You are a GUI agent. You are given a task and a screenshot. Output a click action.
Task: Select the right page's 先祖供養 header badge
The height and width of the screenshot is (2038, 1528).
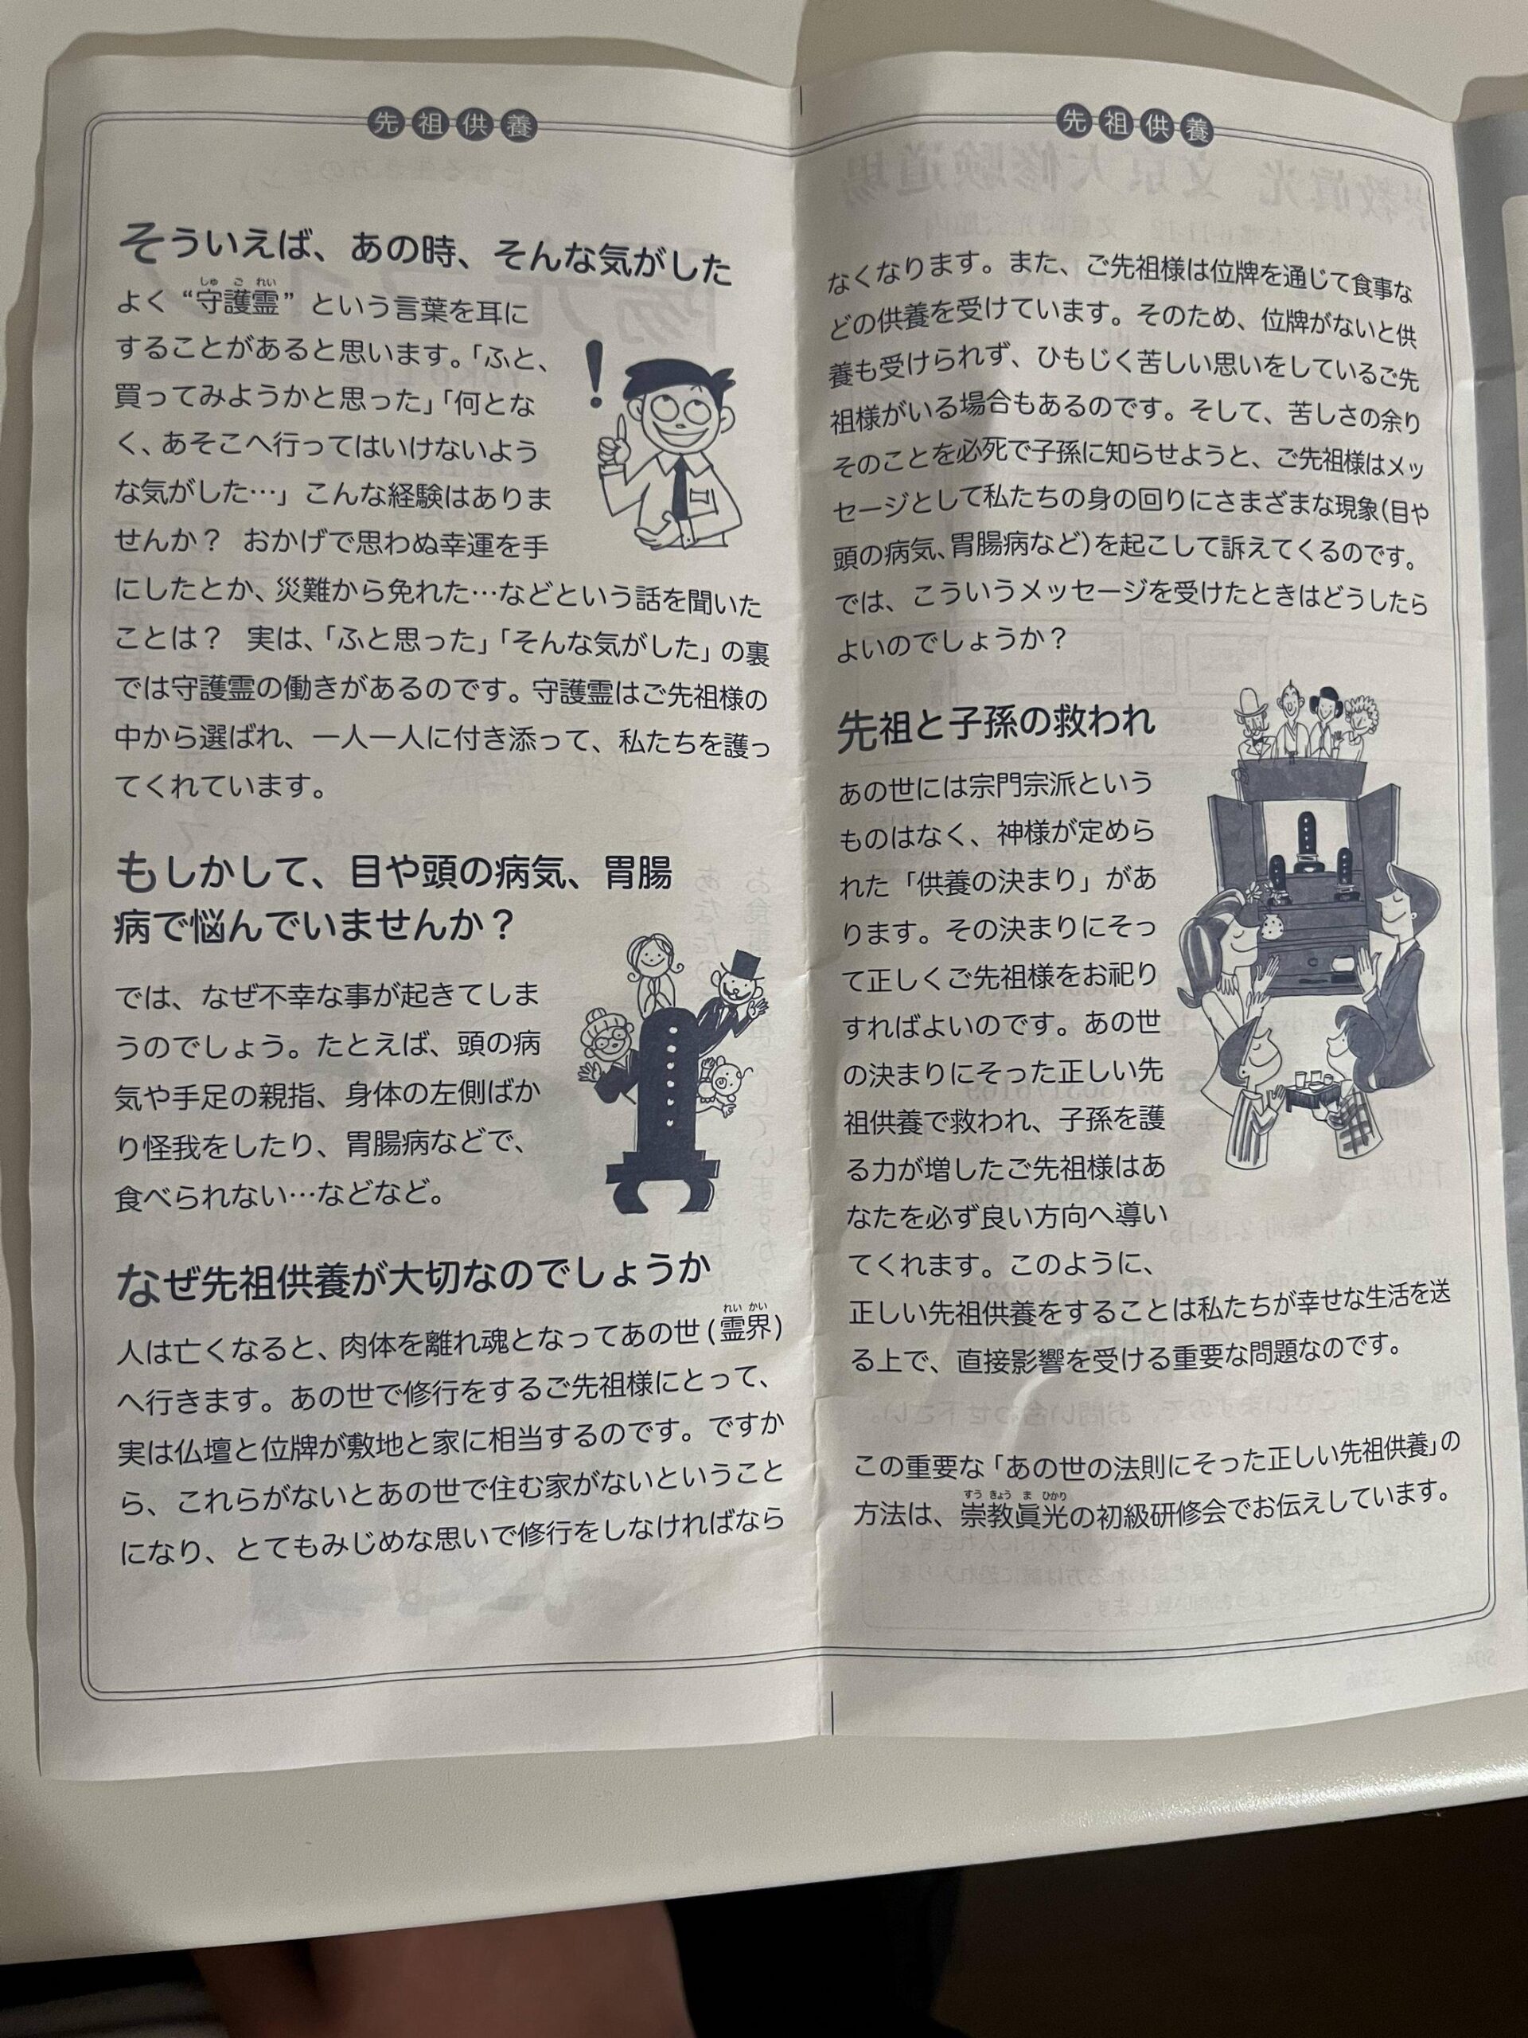click(x=1136, y=119)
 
